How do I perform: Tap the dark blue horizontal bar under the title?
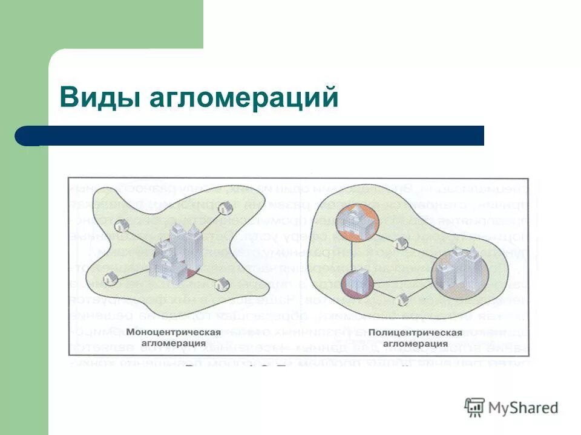[254, 136]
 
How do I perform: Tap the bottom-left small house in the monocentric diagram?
[110, 279]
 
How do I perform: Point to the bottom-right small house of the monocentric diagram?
[223, 283]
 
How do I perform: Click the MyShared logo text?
[524, 408]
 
